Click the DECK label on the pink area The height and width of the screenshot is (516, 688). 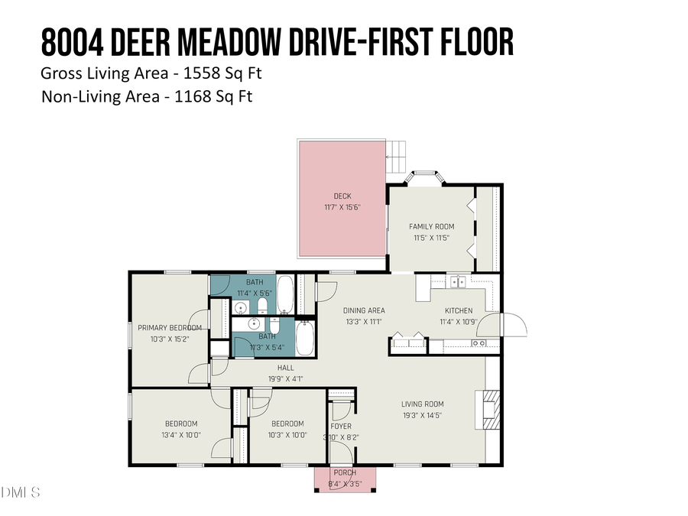342,196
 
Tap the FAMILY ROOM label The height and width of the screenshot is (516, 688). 432,226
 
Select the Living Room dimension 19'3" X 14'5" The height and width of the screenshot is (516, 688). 423,415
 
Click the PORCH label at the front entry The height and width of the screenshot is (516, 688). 345,472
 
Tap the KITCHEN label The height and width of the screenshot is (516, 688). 459,310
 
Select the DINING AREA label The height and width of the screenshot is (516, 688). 364,310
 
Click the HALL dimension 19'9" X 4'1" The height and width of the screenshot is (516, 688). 285,378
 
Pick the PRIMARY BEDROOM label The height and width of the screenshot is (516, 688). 170,328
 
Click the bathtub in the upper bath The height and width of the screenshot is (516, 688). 284,296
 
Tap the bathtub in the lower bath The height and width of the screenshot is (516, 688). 303,339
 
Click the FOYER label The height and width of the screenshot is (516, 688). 341,427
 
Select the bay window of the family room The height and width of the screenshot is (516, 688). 423,177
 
